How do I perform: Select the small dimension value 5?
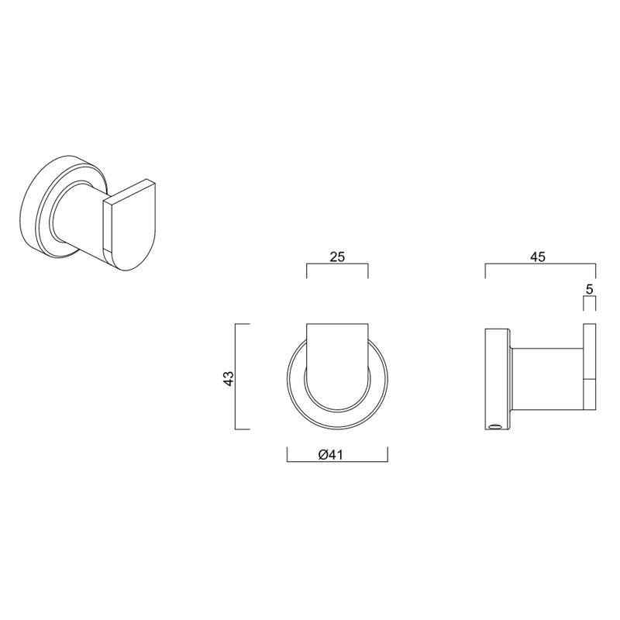click(590, 289)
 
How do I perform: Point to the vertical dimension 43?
click(228, 377)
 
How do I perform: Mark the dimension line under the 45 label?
click(540, 265)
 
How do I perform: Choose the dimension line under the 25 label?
click(337, 265)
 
